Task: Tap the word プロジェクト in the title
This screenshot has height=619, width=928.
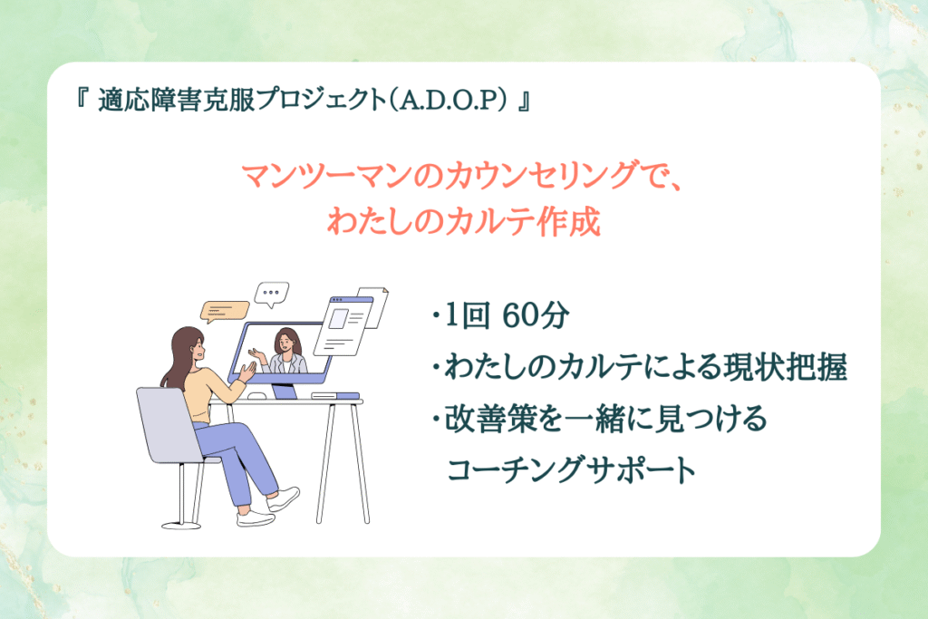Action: pyautogui.click(x=320, y=100)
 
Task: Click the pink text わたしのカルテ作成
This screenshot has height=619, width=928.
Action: pyautogui.click(x=464, y=222)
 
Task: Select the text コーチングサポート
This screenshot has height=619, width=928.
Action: pyautogui.click(x=572, y=469)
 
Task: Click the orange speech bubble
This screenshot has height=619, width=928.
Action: pyautogui.click(x=225, y=311)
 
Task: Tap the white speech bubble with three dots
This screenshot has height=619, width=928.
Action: pyautogui.click(x=271, y=294)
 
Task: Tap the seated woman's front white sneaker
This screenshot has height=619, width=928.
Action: pyautogui.click(x=284, y=498)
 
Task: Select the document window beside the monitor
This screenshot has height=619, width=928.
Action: pyautogui.click(x=343, y=325)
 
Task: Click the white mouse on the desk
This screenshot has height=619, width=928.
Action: pyautogui.click(x=256, y=396)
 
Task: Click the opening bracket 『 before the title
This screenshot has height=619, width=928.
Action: pyautogui.click(x=82, y=98)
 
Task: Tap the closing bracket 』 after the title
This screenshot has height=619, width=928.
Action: pyautogui.click(x=523, y=100)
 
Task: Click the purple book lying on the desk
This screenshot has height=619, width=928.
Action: pyautogui.click(x=335, y=396)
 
